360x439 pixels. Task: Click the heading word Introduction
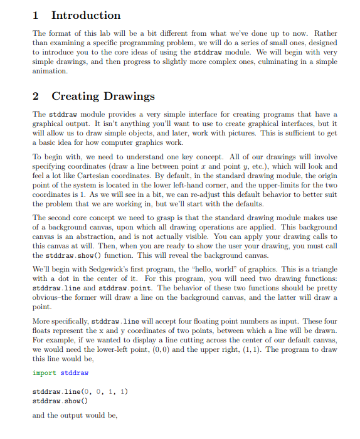tap(86, 15)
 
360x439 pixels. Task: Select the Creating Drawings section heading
tap(103, 96)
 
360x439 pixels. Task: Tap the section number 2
tap(36, 96)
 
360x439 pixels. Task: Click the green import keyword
tap(45, 373)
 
